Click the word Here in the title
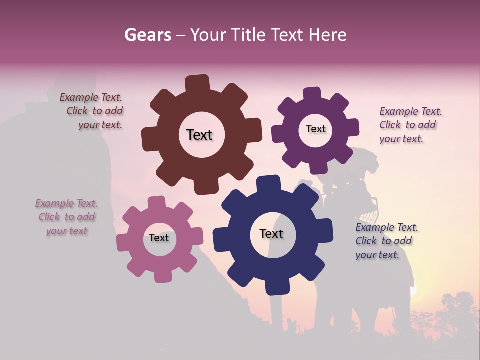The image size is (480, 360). coord(328,35)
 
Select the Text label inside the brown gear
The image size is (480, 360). coord(199,135)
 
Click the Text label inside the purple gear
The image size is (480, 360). coord(315,129)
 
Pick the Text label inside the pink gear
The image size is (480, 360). coord(159,238)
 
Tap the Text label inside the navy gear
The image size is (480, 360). coord(271,233)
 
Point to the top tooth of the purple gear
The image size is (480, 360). coord(312,94)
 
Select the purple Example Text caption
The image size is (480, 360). coord(410,125)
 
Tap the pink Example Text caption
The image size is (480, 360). coord(66,217)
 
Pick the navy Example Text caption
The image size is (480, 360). coord(386,241)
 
